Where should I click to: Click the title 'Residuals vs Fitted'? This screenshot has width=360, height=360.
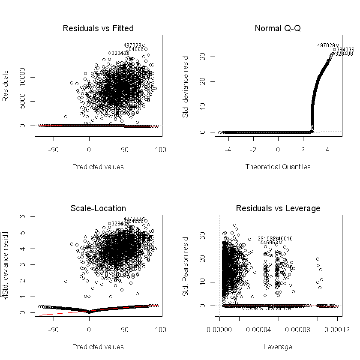click(x=98, y=29)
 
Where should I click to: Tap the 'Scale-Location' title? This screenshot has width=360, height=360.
click(x=98, y=209)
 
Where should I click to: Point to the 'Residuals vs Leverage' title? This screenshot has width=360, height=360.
click(x=278, y=209)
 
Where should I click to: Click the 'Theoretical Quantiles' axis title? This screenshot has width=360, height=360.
click(x=278, y=167)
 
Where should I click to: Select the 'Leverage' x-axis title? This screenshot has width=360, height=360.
click(x=278, y=347)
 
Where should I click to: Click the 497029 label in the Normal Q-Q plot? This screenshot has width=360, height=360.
click(x=326, y=45)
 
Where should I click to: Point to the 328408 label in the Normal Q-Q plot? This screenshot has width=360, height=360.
click(x=345, y=54)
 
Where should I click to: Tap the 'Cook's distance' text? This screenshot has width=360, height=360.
click(x=267, y=308)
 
